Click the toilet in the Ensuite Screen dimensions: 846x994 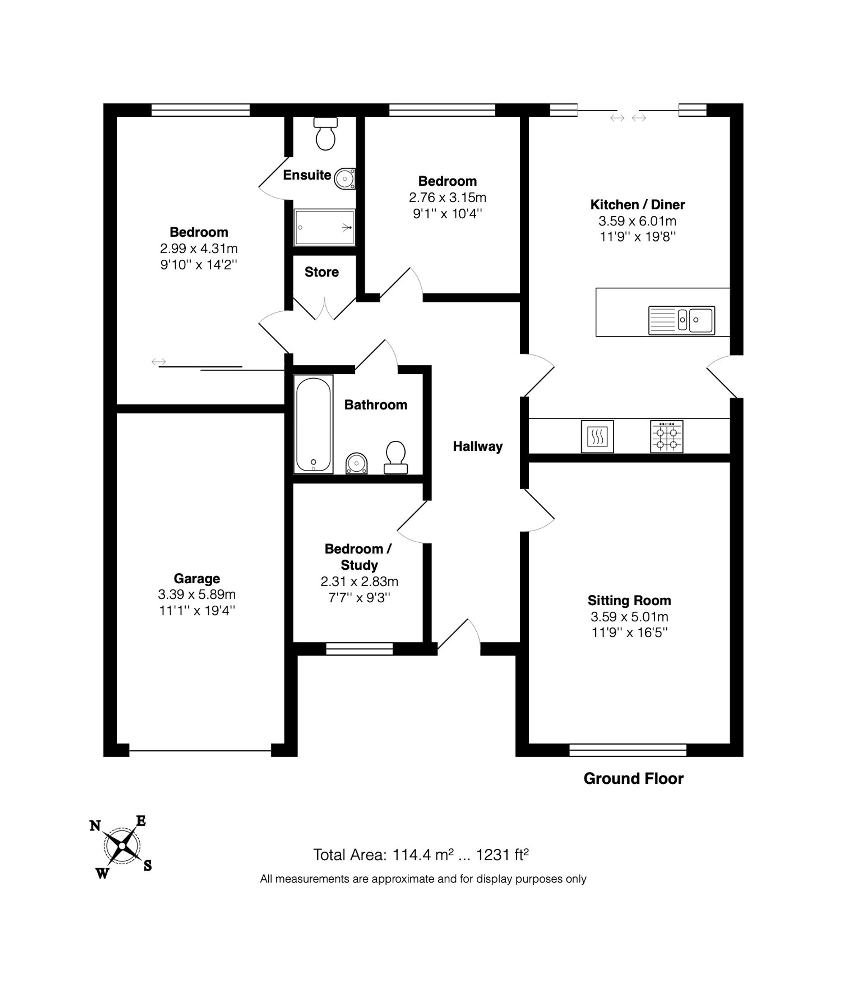click(x=325, y=133)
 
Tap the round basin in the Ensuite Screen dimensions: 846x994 click(x=345, y=178)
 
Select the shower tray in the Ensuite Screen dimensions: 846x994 click(x=325, y=227)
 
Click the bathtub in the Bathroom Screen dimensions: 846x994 click(x=313, y=424)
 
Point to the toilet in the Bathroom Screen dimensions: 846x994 click(x=396, y=457)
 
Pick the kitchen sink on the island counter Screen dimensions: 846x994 click(x=681, y=320)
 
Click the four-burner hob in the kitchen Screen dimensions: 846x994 click(x=667, y=437)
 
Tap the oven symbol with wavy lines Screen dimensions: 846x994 click(x=597, y=437)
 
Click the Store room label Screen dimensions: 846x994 click(x=321, y=272)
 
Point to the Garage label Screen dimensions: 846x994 click(x=197, y=579)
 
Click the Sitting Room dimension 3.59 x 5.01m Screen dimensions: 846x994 click(x=629, y=617)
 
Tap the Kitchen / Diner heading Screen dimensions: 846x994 click(x=637, y=205)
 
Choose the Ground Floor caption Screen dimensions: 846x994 click(x=633, y=778)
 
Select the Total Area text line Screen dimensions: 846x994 click(x=420, y=855)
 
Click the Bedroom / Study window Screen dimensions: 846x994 click(x=359, y=649)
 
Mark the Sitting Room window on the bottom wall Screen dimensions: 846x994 click(x=628, y=750)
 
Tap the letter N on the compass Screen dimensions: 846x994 click(x=95, y=826)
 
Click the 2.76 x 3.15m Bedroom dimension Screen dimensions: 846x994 click(x=448, y=198)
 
